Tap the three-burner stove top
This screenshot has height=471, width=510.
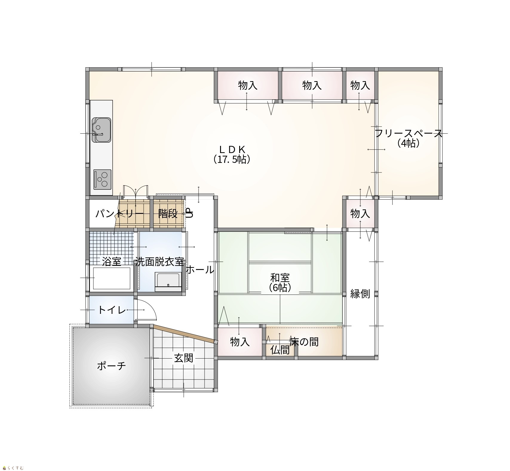coord(102,180)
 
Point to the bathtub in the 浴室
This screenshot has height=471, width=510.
coord(112,278)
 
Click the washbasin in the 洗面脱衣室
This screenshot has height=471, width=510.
coord(168,282)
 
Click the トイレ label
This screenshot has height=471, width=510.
coord(112,310)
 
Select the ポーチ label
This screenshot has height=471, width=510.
coord(111,366)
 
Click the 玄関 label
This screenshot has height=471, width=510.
coord(184,358)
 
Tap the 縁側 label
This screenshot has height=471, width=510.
coord(360,294)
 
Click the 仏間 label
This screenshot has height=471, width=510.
coord(280,350)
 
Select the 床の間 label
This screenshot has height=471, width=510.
coord(304,342)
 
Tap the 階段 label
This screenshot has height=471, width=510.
coord(168,213)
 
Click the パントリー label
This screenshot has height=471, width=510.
coord(119,214)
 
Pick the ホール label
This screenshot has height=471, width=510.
coord(200,270)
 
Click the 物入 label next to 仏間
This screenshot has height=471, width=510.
coord(240,342)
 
